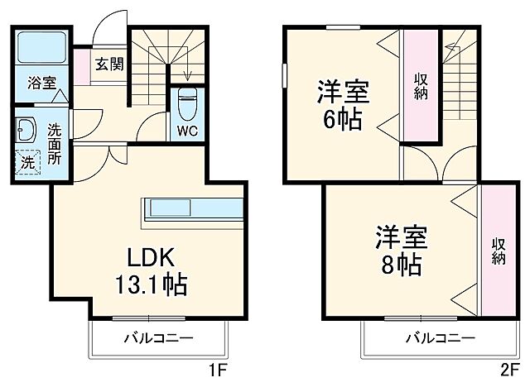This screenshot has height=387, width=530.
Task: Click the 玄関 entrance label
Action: [108, 64]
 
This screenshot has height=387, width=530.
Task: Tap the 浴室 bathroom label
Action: [40, 83]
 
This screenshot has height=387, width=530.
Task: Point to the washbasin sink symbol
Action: [26, 130]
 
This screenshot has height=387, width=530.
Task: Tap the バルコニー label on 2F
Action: [440, 337]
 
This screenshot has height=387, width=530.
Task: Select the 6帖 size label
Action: [341, 120]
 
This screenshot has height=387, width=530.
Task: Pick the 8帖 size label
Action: [402, 265]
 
